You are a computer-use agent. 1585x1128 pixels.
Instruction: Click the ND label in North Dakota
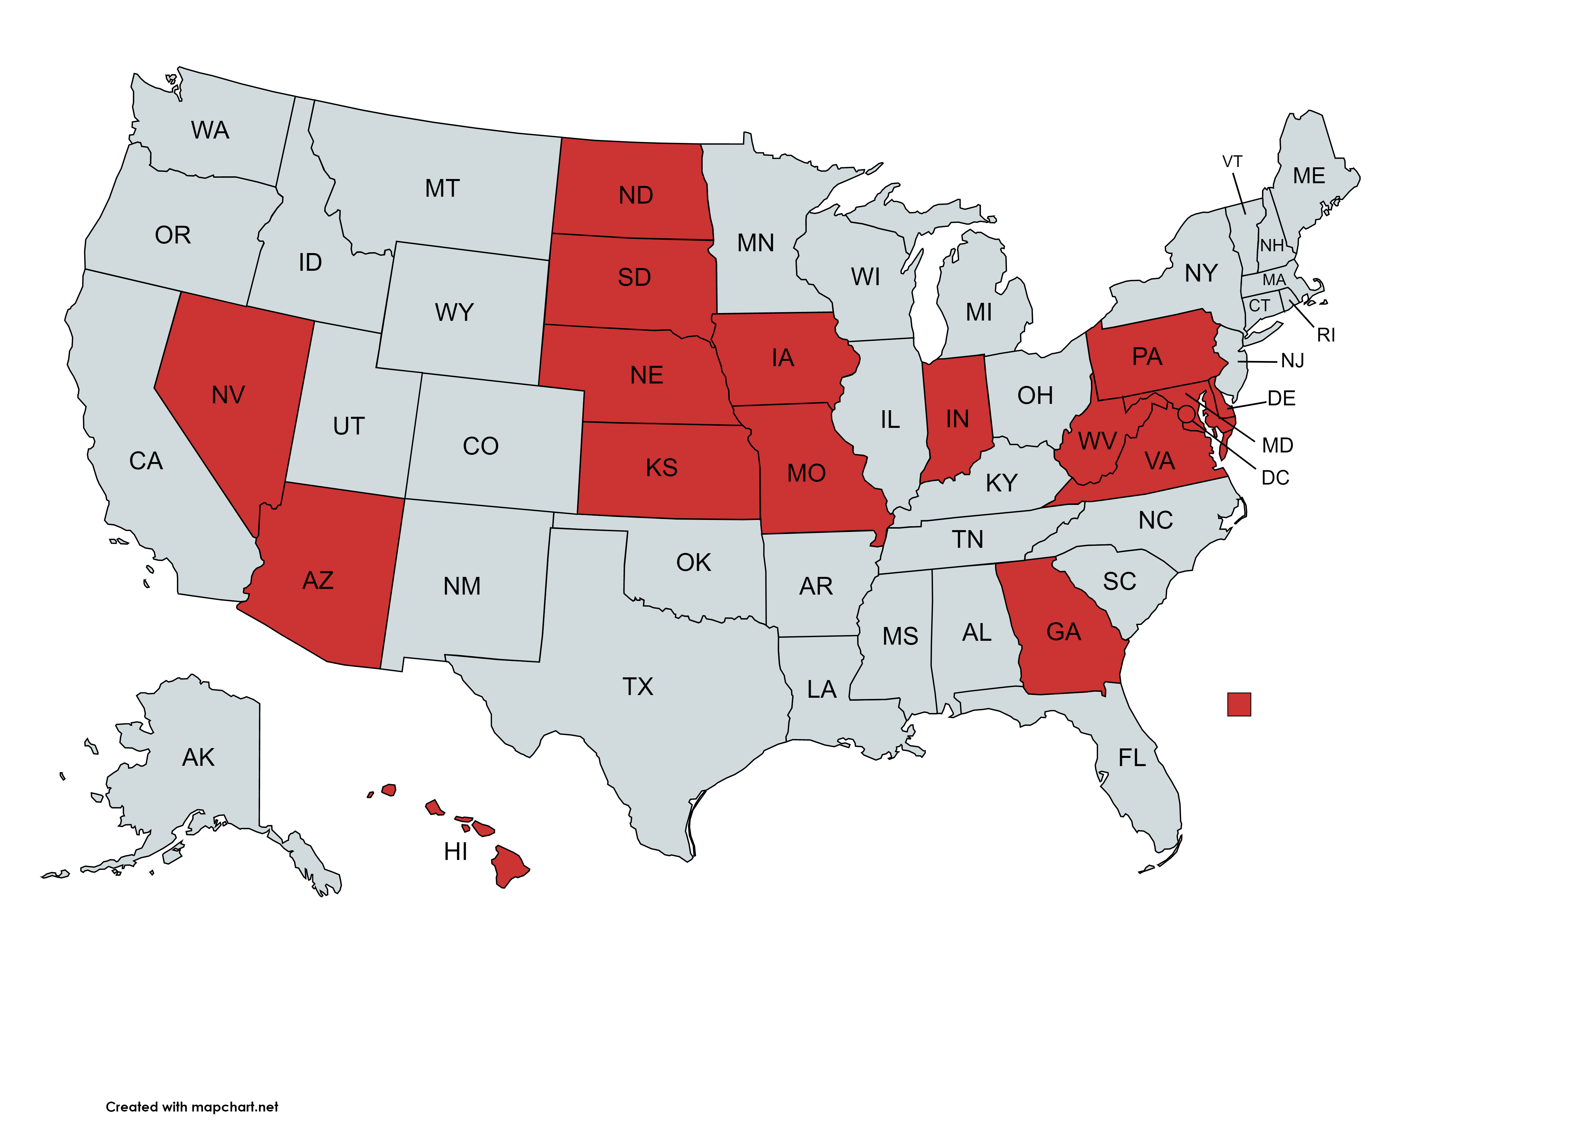click(x=635, y=195)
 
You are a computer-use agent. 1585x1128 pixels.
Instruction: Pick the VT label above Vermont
click(x=1232, y=162)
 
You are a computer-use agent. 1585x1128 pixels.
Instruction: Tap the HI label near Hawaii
click(x=456, y=852)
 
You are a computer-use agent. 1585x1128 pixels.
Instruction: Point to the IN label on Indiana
click(x=957, y=419)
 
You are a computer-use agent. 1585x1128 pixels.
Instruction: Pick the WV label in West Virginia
click(x=1097, y=441)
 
